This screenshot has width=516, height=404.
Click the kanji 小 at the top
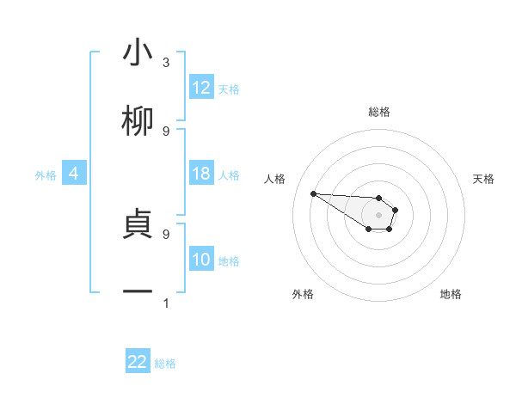138,53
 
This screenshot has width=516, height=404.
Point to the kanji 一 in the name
138,292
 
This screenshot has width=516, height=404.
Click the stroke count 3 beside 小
166,63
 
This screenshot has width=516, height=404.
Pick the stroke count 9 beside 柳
166,131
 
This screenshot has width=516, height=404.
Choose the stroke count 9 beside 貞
166,233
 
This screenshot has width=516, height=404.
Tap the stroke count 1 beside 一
166,303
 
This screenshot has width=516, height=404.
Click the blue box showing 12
201,88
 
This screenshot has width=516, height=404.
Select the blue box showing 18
201,174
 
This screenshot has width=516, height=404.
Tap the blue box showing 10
201,260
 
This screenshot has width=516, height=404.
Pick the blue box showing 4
74,174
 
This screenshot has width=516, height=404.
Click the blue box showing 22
138,362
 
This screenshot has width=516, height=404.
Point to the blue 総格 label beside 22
165,364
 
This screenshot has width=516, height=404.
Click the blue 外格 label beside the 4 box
46,175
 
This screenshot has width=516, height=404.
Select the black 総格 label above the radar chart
379,112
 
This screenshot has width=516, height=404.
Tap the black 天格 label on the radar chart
483,179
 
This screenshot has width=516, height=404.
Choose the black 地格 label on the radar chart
451,294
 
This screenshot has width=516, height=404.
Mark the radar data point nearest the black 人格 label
313,193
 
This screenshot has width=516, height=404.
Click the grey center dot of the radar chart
379,215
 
